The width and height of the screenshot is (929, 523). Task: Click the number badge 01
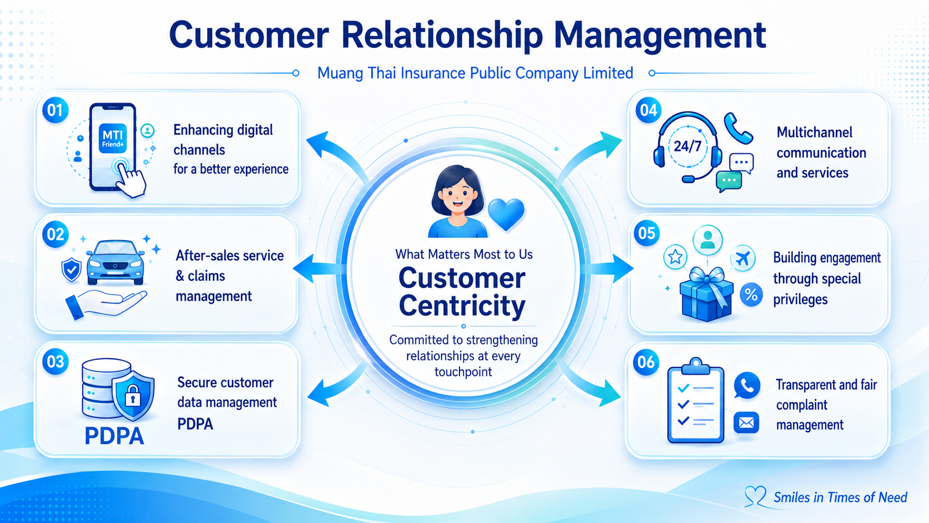tap(55, 110)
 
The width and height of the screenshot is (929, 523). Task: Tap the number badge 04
tap(648, 110)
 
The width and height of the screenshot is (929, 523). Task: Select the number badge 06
tap(646, 362)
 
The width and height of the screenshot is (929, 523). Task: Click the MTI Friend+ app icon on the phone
tap(113, 139)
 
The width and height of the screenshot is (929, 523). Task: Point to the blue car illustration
tap(116, 262)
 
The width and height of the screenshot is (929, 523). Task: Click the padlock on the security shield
tap(133, 395)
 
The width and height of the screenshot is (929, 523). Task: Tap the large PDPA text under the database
tap(114, 436)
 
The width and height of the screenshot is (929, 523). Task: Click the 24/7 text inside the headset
tap(688, 146)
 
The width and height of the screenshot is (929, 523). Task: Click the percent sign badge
tap(751, 295)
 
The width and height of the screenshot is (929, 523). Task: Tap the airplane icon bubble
tap(742, 258)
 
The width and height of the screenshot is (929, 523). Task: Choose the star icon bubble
tap(675, 257)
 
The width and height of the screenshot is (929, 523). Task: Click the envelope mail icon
tap(746, 422)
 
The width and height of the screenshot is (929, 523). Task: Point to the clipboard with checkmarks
tap(696, 401)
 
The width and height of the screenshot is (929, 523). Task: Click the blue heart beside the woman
tap(506, 213)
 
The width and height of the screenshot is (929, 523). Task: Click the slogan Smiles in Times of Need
tap(840, 497)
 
